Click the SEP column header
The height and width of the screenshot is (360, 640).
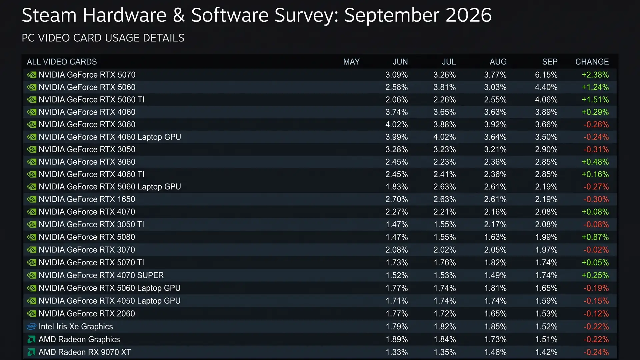click(550, 62)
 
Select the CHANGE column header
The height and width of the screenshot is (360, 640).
click(592, 62)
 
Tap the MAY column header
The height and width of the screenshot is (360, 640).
click(351, 62)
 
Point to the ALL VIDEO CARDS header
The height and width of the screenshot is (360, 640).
click(62, 62)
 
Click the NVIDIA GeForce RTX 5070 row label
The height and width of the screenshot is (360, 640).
click(87, 75)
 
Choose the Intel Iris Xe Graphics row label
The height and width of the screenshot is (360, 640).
click(76, 327)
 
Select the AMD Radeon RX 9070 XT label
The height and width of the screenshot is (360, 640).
click(85, 352)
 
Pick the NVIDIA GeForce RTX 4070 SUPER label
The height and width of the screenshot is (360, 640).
click(101, 275)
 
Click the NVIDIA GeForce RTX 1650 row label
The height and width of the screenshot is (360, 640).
click(87, 199)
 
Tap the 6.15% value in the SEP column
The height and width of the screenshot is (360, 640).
click(546, 75)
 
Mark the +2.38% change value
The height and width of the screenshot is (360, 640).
click(595, 75)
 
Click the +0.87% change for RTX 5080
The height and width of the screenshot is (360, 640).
click(595, 237)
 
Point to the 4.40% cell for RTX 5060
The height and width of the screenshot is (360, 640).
click(546, 87)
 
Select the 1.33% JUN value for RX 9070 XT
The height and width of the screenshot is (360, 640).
click(397, 352)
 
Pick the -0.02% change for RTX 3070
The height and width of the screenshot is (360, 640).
click(596, 250)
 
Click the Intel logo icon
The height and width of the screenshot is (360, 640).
click(31, 326)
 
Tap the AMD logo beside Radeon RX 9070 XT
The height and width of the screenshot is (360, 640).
click(31, 352)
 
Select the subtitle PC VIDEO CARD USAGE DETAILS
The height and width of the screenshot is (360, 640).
click(103, 38)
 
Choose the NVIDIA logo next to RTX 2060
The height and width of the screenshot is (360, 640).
click(31, 314)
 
